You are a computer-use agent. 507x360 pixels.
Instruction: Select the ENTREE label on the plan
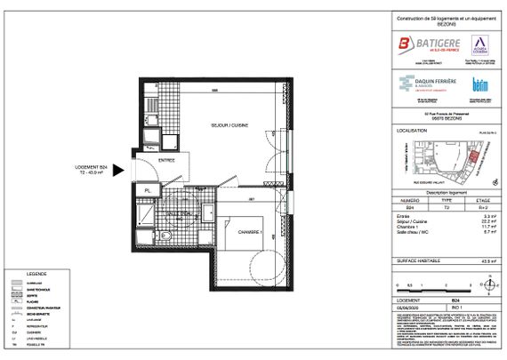(x=166, y=160)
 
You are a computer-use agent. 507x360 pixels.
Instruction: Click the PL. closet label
(x=148, y=190)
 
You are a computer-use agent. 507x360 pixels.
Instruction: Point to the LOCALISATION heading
(x=412, y=130)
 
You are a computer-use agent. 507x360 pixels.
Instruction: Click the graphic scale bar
(x=427, y=286)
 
